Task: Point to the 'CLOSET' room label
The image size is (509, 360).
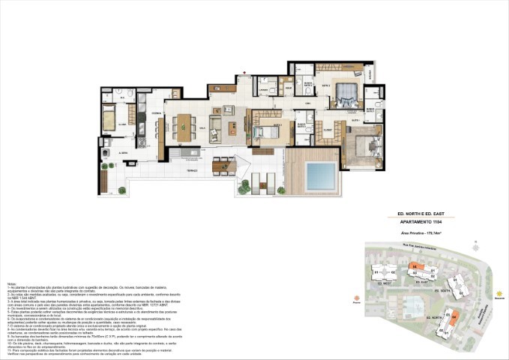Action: [327, 129]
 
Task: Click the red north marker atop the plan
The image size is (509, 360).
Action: [244, 73]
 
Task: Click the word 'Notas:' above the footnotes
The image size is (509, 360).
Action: [12, 283]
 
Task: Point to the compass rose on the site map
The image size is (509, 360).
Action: [475, 244]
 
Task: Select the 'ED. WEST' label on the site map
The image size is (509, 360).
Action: [385, 284]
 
